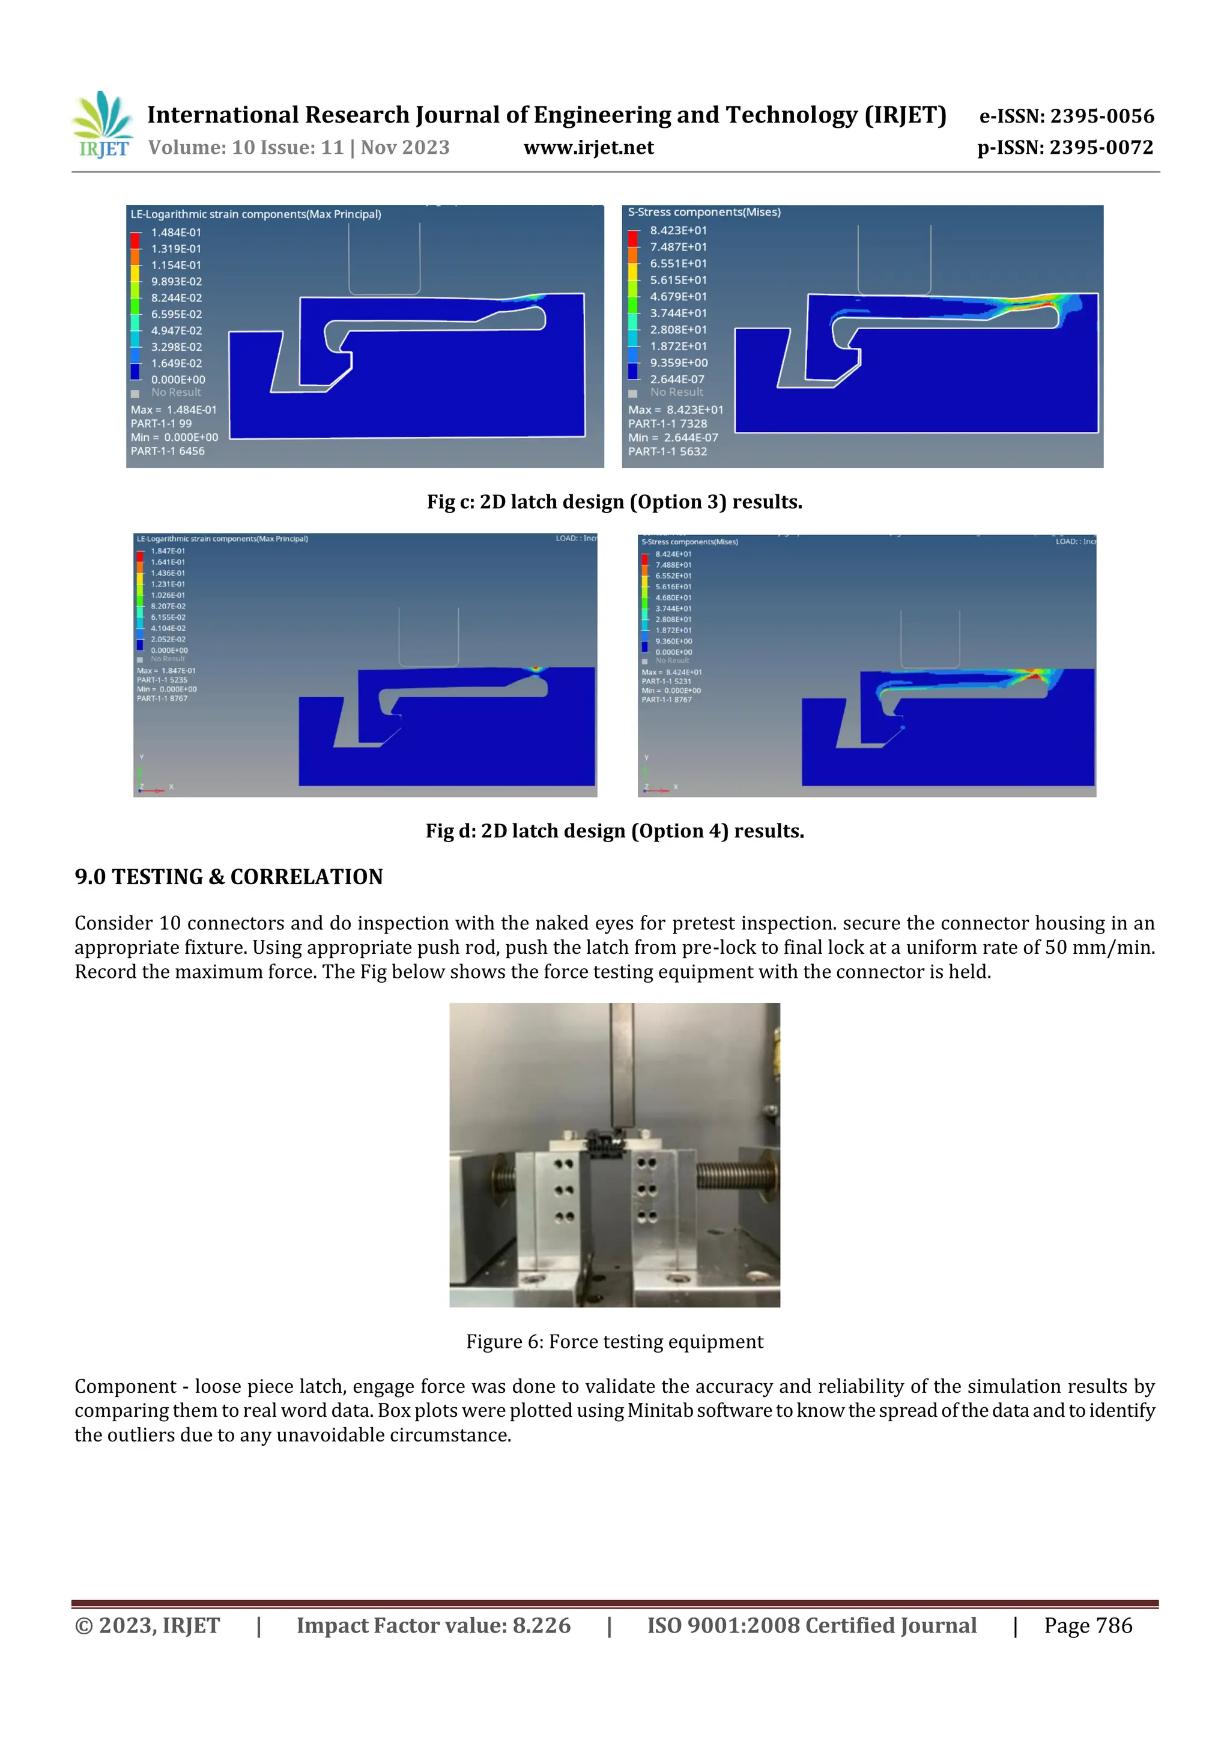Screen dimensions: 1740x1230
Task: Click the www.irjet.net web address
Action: (588, 148)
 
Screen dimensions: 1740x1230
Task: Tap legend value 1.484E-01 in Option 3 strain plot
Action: (176, 232)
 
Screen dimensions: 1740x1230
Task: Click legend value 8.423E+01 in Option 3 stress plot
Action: (678, 231)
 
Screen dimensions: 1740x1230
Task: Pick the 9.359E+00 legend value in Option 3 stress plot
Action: (678, 363)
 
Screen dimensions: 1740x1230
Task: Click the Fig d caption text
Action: (614, 831)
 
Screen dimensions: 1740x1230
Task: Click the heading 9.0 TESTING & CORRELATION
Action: (228, 877)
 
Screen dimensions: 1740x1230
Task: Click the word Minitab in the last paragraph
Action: (660, 1410)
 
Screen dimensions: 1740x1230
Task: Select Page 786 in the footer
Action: (1088, 1625)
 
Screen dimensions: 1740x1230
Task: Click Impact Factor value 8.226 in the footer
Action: (433, 1625)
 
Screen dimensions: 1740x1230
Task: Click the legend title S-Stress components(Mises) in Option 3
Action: (703, 212)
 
